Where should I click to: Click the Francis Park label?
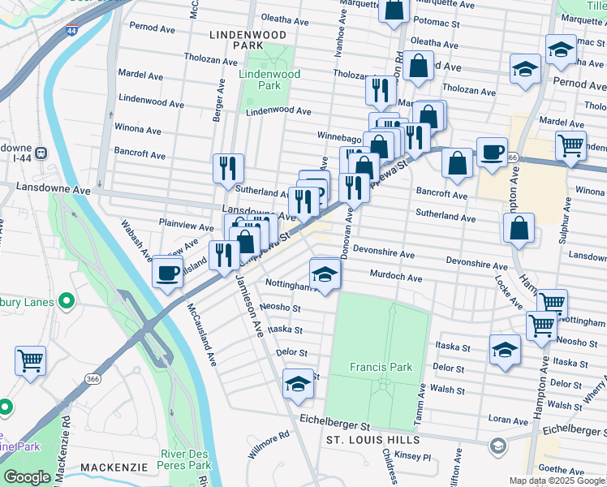pyautogui.click(x=381, y=367)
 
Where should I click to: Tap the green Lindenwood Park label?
pyautogui.click(x=269, y=80)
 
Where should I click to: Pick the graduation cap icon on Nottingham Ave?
pyautogui.click(x=325, y=274)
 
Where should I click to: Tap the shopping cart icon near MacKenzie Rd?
pyautogui.click(x=30, y=359)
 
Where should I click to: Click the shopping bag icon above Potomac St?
pyautogui.click(x=394, y=10)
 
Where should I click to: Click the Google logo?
pyautogui.click(x=27, y=477)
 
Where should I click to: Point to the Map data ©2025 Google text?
pyautogui.click(x=557, y=481)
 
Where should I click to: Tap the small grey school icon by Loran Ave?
pyautogui.click(x=497, y=446)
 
